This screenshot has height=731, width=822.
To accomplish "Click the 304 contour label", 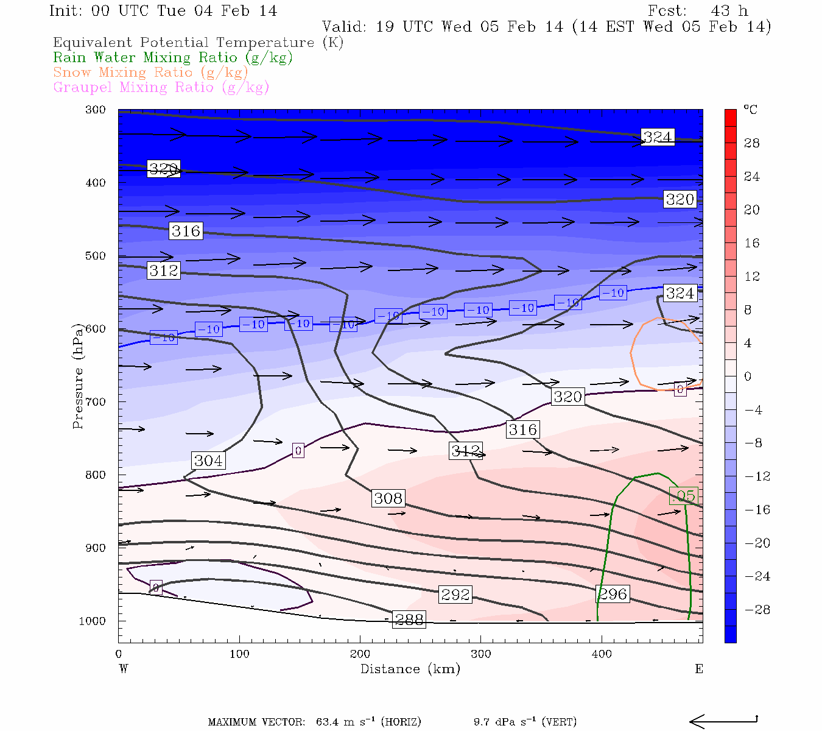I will [208, 461].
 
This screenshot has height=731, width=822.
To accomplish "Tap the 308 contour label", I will [388, 498].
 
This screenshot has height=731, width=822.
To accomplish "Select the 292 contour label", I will [455, 594].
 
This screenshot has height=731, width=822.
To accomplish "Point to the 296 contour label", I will [613, 594].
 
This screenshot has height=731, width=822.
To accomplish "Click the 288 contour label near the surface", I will [409, 620].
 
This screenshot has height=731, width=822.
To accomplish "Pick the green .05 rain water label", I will [683, 496].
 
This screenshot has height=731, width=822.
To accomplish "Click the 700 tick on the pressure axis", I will [96, 402].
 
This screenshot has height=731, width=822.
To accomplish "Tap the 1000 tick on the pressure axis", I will [93, 621].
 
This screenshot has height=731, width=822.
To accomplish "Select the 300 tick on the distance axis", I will [480, 654].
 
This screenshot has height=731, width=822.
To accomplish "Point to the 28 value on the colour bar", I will [752, 143].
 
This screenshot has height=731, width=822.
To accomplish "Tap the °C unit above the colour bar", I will [750, 110].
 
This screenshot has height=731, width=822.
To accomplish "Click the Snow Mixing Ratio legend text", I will [150, 72].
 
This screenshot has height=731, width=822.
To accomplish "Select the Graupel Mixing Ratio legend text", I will [161, 87].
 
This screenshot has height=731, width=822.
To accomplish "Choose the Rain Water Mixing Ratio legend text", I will [173, 57].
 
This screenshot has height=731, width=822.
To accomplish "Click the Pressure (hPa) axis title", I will [78, 376].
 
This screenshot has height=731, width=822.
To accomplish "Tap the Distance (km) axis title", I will [410, 669].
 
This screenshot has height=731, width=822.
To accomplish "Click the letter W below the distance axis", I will [124, 669].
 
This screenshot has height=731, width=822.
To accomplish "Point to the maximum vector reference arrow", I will [723, 721].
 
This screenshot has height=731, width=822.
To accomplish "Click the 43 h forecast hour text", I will [729, 11].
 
